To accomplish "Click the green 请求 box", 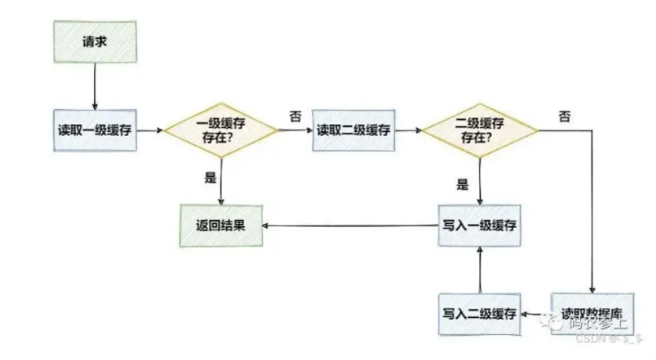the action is point(93,41).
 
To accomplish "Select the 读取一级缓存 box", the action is point(93,130).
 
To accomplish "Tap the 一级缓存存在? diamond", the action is point(220,131).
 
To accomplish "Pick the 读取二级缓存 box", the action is point(353,130).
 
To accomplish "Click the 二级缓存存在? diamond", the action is point(480,131).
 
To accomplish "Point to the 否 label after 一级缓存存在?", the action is point(295,116).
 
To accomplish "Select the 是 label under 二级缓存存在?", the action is point(462,185).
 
